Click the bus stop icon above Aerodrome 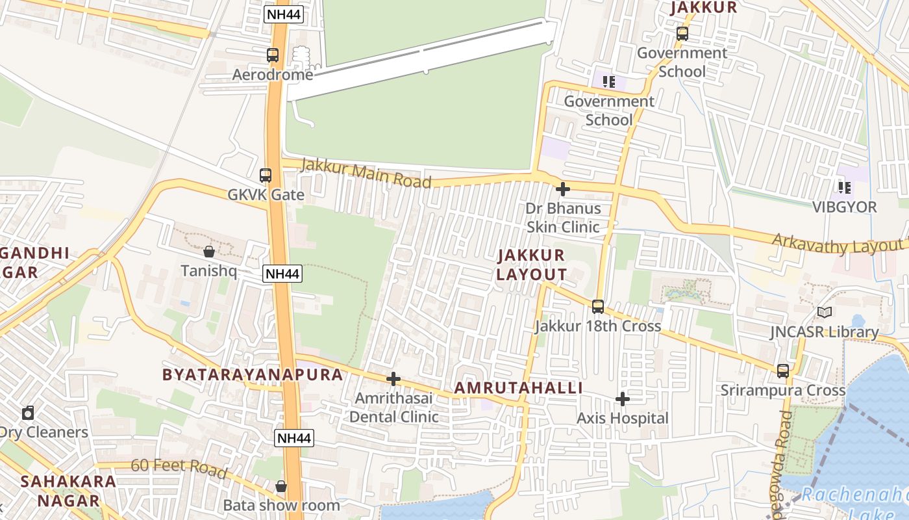click(x=273, y=55)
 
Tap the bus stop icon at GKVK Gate click(x=266, y=175)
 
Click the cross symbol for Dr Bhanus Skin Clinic click(x=563, y=189)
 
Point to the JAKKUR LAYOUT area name click(x=531, y=265)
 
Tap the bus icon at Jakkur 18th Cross click(x=598, y=306)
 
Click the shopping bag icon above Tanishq click(x=209, y=251)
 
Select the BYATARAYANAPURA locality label click(x=252, y=374)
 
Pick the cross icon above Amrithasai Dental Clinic click(x=393, y=379)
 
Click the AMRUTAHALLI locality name click(x=518, y=388)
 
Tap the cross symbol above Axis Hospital click(x=623, y=398)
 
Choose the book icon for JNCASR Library click(x=825, y=313)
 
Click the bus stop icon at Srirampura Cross click(x=783, y=371)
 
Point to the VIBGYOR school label click(x=845, y=207)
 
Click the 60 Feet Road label click(x=179, y=467)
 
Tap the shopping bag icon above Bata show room click(x=281, y=486)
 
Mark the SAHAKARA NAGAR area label click(x=68, y=491)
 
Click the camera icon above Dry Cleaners click(x=28, y=413)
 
